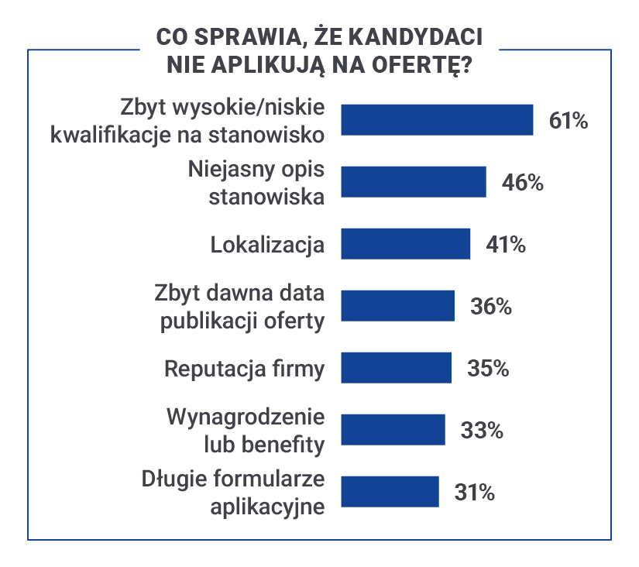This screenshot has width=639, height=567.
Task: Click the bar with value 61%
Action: tap(437, 120)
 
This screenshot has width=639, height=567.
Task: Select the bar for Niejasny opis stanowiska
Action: tap(414, 182)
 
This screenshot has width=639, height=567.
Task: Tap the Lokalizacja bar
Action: tap(406, 244)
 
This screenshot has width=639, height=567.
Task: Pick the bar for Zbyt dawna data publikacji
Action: tap(398, 306)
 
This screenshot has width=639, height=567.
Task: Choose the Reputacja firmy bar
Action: tap(396, 368)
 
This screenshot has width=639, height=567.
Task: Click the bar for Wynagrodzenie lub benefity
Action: tap(393, 430)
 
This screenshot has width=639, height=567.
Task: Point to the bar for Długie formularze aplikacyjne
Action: tap(390, 492)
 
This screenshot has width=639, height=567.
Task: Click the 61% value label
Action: tap(569, 121)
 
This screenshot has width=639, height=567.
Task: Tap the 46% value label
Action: tap(523, 183)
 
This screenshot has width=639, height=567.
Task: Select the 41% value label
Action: tap(506, 245)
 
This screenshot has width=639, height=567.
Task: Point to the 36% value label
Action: tap(490, 307)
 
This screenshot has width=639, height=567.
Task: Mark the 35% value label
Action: tap(488, 369)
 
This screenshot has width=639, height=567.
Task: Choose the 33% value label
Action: tap(482, 431)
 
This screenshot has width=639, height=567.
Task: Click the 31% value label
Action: tap(474, 493)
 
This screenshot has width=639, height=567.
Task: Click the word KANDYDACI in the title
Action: tap(416, 37)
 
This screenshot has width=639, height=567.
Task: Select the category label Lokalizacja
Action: tap(267, 246)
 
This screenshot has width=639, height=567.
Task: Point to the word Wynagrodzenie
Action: tap(246, 418)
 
